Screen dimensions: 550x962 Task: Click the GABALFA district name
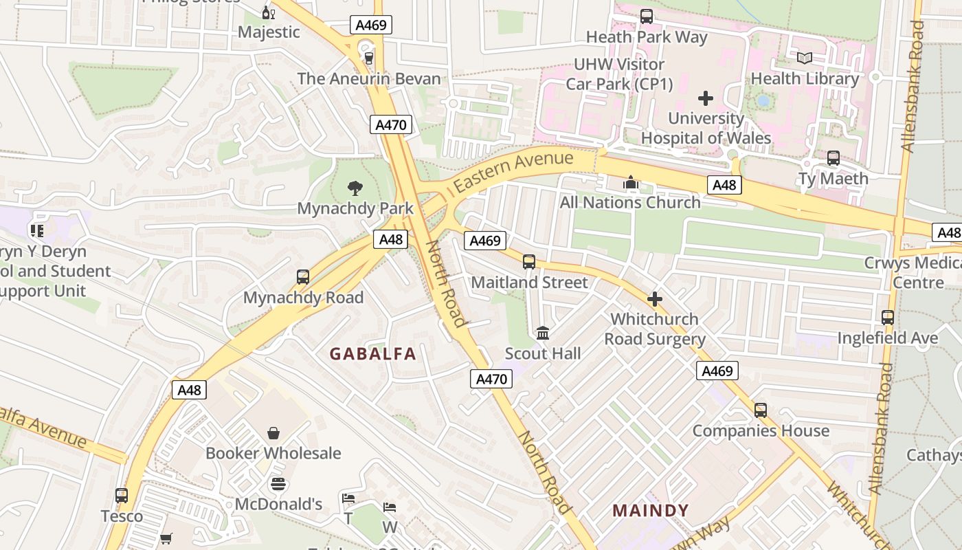(372, 354)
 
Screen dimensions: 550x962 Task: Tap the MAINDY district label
(650, 511)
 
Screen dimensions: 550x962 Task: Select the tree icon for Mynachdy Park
(355, 188)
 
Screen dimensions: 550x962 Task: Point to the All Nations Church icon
(630, 182)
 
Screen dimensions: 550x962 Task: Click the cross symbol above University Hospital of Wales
(706, 98)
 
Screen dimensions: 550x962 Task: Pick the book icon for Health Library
(805, 58)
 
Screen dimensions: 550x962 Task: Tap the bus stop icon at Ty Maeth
(833, 158)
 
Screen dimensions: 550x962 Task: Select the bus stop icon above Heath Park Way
(646, 16)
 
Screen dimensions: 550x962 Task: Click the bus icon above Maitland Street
(528, 262)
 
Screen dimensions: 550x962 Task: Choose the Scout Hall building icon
(543, 333)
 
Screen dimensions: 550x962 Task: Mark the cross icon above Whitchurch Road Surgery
(654, 299)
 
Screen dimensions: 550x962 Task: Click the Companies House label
(761, 431)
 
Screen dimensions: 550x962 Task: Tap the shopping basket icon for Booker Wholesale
(273, 433)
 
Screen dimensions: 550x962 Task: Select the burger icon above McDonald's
(278, 484)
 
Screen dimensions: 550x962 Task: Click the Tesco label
(122, 516)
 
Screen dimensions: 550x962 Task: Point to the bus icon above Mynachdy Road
(302, 277)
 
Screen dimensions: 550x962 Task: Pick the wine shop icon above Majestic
(268, 12)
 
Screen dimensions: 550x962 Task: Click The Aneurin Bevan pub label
(369, 78)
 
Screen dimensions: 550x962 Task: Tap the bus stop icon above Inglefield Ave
(887, 318)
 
